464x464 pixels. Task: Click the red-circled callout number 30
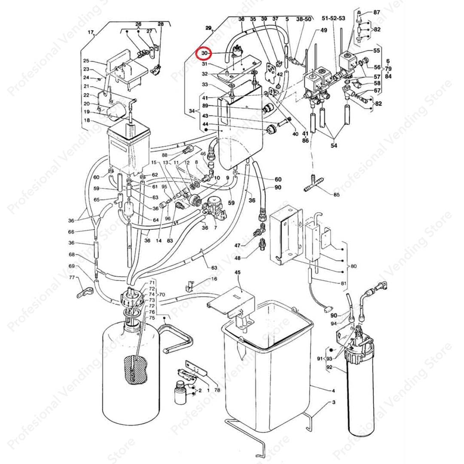click(x=204, y=53)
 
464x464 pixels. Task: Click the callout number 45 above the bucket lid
click(x=237, y=272)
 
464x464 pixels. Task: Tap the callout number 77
click(x=73, y=278)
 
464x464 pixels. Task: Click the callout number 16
click(x=214, y=279)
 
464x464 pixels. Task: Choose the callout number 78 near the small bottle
click(x=217, y=390)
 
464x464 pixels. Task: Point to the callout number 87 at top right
click(x=376, y=12)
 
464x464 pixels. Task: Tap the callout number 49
click(x=324, y=30)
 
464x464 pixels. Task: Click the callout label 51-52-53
click(x=333, y=18)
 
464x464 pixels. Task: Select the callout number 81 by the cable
click(x=343, y=283)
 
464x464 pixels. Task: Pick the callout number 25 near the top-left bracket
click(x=86, y=61)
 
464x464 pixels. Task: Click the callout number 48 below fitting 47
click(x=237, y=258)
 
